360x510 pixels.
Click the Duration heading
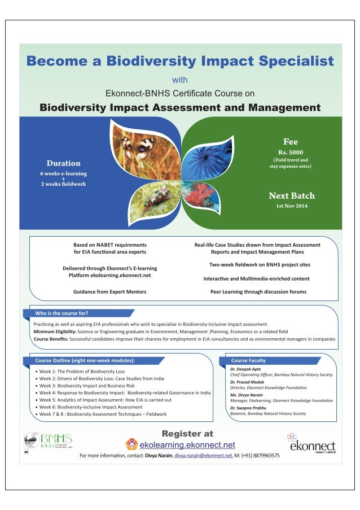click(x=63, y=163)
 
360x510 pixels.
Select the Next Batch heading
click(x=292, y=196)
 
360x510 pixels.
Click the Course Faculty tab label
click(x=248, y=360)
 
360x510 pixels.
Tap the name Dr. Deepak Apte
click(x=245, y=369)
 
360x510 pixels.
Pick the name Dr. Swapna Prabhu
click(x=249, y=408)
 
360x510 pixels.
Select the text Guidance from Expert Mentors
click(x=109, y=291)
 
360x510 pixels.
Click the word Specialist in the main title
click(x=280, y=61)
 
